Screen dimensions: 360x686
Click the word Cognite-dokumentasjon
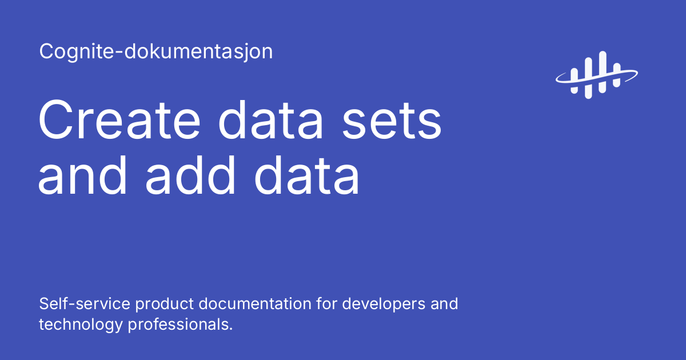pos(156,52)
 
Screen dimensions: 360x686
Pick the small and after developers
pos(445,303)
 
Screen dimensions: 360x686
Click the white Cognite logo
pos(596,75)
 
